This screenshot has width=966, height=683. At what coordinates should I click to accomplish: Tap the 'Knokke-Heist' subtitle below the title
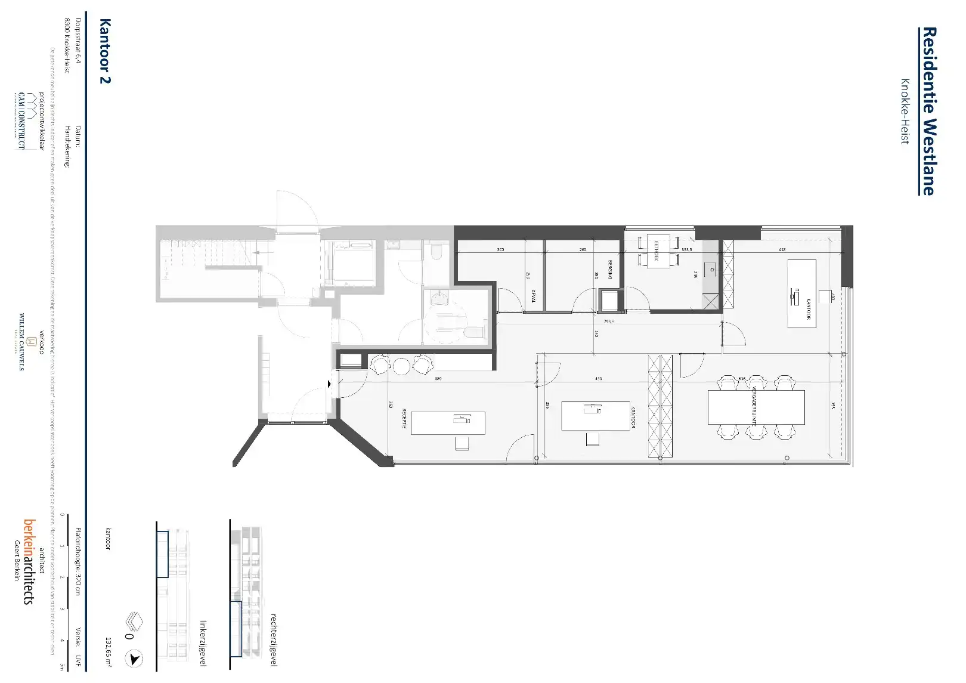click(x=905, y=112)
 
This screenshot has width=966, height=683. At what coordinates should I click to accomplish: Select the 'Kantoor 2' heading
click(x=104, y=51)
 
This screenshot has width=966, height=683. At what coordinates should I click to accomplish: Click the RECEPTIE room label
click(x=404, y=419)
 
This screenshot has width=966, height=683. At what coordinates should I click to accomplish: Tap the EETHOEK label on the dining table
click(x=656, y=251)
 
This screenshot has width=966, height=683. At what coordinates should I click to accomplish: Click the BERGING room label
click(x=610, y=269)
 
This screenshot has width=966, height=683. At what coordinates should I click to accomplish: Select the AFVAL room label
click(x=533, y=296)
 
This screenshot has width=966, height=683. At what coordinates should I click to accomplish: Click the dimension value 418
click(x=782, y=250)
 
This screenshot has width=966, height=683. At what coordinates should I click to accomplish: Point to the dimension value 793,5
click(x=608, y=321)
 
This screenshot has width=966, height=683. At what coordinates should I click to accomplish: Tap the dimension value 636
click(x=742, y=379)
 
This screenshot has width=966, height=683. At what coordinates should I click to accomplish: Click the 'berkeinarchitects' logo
click(x=29, y=561)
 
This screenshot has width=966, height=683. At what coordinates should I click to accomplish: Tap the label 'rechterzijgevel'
click(x=274, y=639)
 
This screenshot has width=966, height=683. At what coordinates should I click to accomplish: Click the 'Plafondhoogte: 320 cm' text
click(x=78, y=561)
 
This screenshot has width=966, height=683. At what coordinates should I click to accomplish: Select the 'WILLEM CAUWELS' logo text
click(x=22, y=341)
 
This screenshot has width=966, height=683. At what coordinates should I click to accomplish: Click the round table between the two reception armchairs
click(x=401, y=366)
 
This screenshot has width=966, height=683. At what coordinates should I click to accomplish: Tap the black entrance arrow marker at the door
click(x=329, y=384)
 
